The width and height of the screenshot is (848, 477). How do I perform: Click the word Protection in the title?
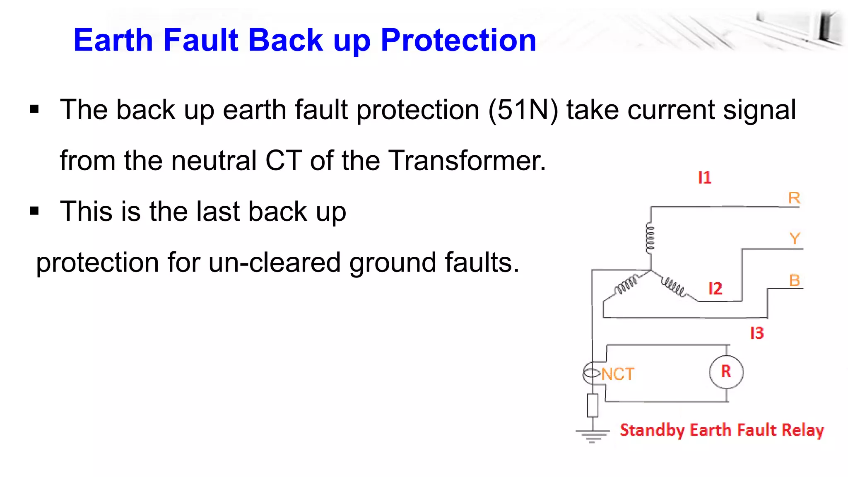458,40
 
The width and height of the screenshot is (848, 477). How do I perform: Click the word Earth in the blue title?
113,40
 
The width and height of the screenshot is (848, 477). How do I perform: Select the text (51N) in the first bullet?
523,110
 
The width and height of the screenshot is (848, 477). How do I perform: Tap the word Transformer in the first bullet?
467,161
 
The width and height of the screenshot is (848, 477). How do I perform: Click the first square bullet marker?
34,110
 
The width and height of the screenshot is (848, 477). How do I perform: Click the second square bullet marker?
34,211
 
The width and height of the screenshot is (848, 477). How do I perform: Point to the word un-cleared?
274,263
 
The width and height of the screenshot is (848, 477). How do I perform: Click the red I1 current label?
704,178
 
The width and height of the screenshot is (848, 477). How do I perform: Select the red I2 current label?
715,288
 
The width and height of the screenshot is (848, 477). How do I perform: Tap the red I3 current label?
757,333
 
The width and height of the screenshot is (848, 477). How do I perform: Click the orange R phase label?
794,198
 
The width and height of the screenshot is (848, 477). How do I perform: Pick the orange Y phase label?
795,238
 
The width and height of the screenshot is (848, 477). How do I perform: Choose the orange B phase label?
794,280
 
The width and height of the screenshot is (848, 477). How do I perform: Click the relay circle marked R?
726,372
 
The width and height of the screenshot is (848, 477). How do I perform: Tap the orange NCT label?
617,374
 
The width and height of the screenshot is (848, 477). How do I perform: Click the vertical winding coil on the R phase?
650,238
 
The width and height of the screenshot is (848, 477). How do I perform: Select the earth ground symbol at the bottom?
592,435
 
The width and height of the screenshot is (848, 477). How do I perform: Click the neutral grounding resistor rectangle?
593,405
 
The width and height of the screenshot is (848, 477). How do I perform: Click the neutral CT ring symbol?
591,373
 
